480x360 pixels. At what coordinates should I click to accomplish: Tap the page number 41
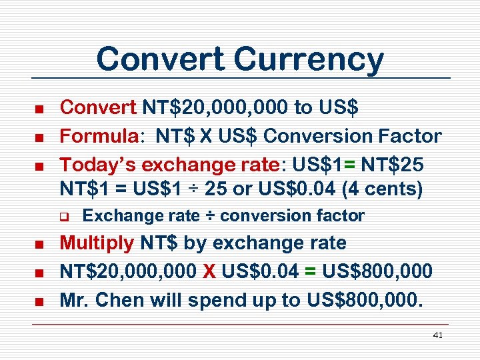point(438,335)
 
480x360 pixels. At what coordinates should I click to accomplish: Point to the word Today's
point(99,164)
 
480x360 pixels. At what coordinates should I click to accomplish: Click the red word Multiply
point(97,243)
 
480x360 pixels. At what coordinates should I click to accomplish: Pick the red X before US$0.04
point(209,271)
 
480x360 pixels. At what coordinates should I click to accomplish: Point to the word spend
point(219,300)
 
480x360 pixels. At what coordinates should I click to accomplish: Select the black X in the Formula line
point(203,136)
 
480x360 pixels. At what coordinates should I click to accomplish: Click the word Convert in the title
point(160,59)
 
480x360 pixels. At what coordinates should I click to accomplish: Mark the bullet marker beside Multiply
point(39,244)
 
